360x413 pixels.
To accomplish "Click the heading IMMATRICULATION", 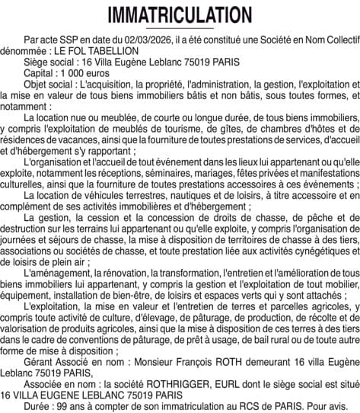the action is (180, 15).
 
